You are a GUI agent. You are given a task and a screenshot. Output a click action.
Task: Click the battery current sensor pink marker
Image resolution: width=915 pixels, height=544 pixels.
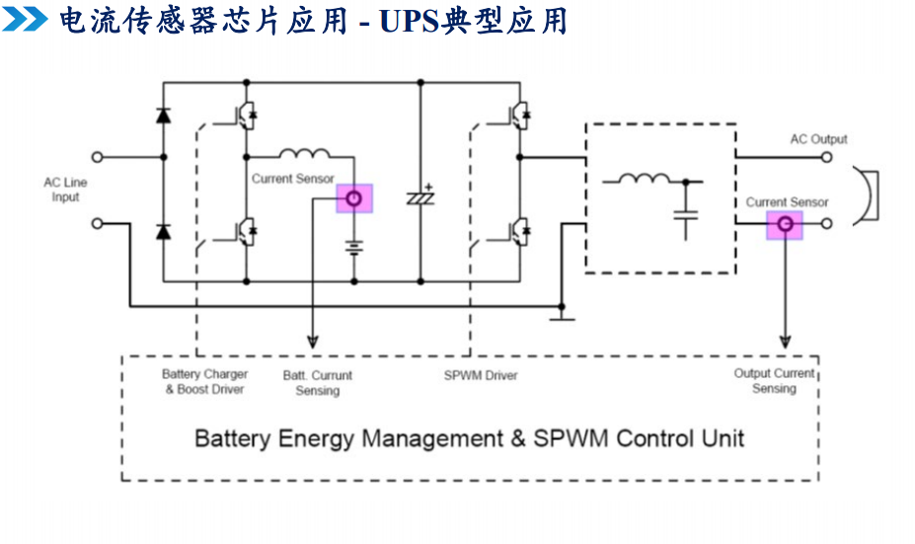[x=354, y=198]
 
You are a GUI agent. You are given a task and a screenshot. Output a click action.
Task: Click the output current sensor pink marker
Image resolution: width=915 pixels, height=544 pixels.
[x=785, y=225]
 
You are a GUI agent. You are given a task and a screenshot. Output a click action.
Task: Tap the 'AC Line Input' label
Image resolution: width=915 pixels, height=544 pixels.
[x=65, y=190]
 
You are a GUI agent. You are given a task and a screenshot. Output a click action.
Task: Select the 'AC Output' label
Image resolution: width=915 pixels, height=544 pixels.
[x=818, y=139]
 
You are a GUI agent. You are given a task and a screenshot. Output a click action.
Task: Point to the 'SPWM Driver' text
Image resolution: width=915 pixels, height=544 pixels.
[x=481, y=375]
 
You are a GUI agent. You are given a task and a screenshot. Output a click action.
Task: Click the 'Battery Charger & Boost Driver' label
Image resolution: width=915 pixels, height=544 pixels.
[x=205, y=382]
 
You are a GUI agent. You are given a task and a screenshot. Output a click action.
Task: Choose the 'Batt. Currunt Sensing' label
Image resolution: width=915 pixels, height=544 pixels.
[x=318, y=383]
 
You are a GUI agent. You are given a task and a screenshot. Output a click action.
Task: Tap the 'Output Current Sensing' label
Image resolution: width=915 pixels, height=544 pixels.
[x=774, y=381]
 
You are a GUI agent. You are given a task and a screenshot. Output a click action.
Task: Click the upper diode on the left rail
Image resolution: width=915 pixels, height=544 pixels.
[x=163, y=116]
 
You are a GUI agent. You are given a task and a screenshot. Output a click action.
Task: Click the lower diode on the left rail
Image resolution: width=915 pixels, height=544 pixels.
[x=163, y=232]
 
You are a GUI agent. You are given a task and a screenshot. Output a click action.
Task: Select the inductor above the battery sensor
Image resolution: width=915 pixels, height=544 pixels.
[x=306, y=155]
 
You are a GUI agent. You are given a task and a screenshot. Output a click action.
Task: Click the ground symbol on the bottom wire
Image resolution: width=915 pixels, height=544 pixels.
[x=561, y=315]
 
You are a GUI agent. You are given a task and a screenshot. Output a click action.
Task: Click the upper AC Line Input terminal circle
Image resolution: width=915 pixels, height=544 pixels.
[x=97, y=157]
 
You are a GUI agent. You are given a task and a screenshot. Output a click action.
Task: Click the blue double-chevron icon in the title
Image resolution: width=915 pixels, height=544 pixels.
[x=25, y=19]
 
